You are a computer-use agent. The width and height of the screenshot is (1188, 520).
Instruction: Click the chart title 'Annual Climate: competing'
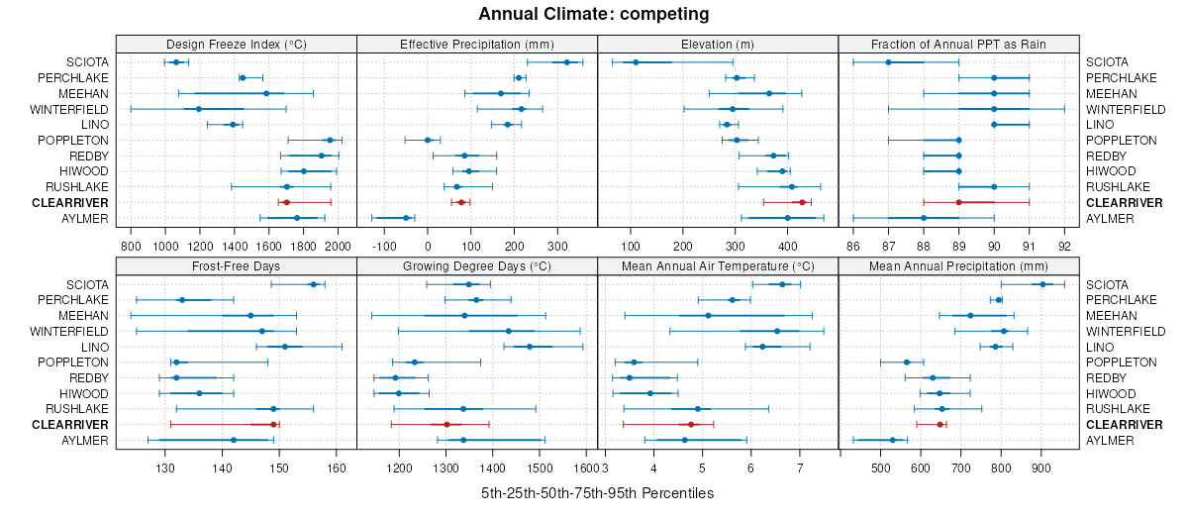click(x=594, y=14)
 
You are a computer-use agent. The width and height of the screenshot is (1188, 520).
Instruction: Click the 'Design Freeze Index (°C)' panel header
click(x=236, y=44)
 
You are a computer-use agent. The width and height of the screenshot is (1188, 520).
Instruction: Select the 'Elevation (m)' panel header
click(x=718, y=44)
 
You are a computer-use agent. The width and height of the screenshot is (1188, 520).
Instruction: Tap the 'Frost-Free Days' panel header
click(x=236, y=265)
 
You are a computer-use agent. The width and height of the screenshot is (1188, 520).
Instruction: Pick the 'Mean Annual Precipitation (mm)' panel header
click(x=958, y=265)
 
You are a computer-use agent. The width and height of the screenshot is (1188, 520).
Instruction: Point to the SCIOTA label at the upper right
click(x=1106, y=62)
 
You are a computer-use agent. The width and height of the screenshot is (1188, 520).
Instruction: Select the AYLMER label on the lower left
click(x=84, y=440)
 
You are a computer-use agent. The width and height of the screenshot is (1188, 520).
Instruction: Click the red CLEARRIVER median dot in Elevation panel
click(x=803, y=202)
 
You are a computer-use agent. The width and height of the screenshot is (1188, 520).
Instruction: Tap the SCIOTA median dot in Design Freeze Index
click(x=176, y=62)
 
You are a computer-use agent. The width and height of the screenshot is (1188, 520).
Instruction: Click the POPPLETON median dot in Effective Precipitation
click(x=428, y=140)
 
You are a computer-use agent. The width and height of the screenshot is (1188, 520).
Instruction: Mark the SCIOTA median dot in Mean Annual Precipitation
click(x=1042, y=284)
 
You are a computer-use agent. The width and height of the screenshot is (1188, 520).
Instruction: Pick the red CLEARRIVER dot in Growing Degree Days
click(x=446, y=424)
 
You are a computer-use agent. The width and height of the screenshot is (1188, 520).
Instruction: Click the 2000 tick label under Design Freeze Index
click(x=338, y=245)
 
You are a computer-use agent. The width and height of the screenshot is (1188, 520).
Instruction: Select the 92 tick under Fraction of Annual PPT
click(x=1064, y=245)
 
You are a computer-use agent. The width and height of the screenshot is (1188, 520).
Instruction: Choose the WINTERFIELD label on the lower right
click(x=1125, y=331)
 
